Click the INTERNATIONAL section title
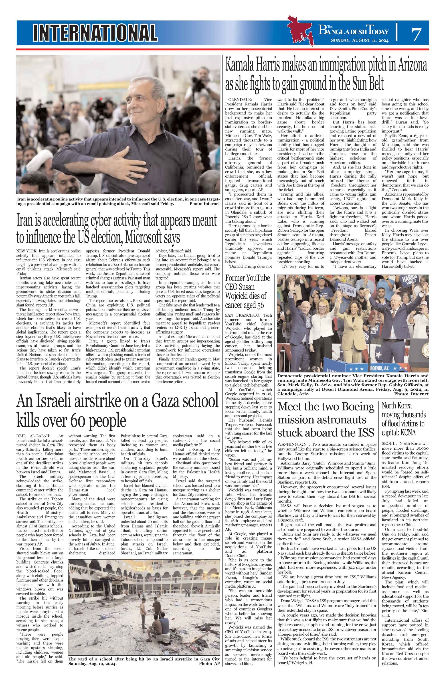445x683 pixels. (95, 32)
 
